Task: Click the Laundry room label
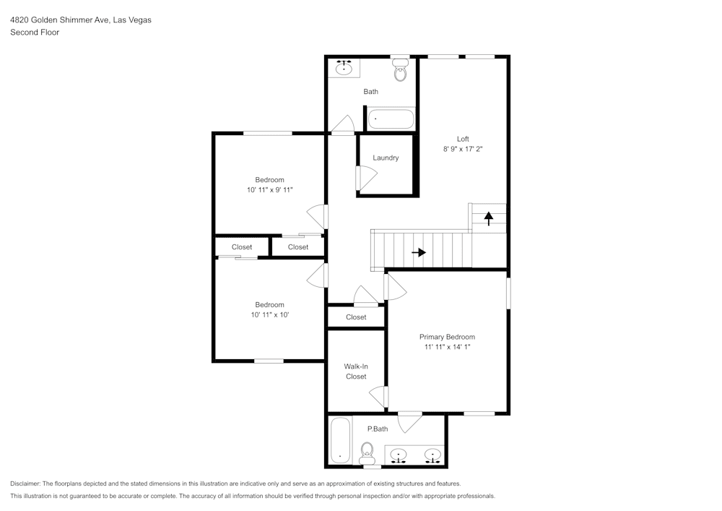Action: (386, 158)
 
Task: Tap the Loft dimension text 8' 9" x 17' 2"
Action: (462, 149)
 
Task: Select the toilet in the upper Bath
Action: (401, 71)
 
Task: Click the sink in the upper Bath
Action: (344, 69)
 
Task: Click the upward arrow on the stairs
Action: (489, 217)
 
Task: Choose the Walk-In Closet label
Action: (356, 372)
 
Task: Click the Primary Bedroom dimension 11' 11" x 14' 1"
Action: (448, 347)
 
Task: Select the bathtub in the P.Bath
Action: (340, 441)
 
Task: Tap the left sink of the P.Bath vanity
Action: (398, 455)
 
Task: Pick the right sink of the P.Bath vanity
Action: (432, 455)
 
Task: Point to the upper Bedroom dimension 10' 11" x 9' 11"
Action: (269, 189)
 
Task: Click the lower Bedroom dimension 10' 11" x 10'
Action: (269, 314)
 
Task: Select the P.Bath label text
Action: (378, 429)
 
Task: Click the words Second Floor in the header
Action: (35, 33)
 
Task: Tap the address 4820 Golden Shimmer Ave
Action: (59, 20)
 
